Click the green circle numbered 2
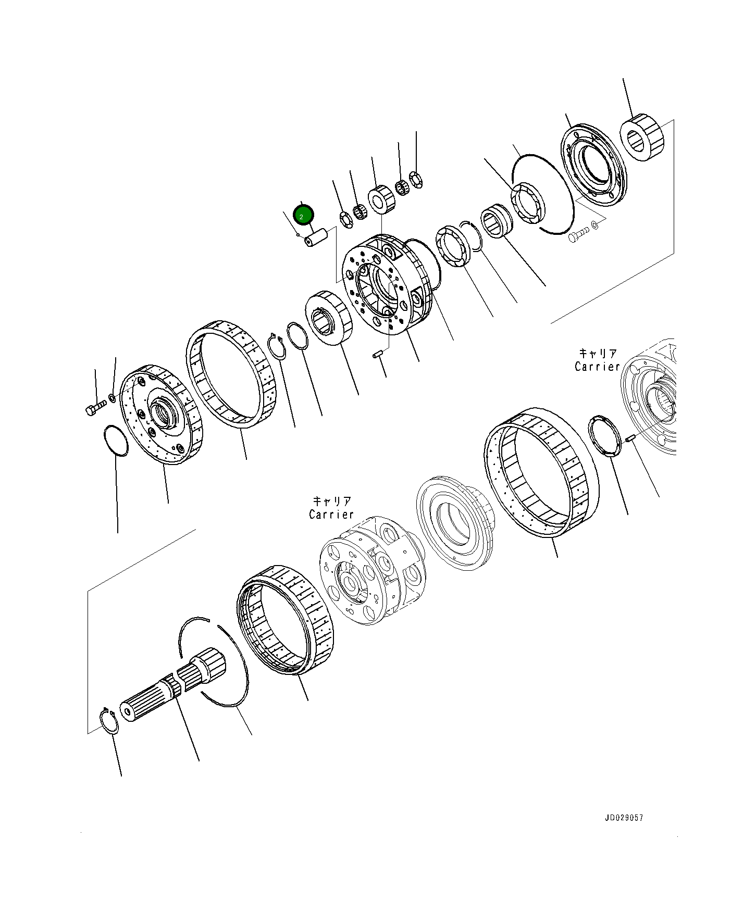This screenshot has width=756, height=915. tap(304, 215)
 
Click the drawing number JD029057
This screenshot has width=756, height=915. tap(624, 818)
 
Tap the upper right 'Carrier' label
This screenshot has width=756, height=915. tap(597, 360)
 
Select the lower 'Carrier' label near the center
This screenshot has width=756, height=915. tap(331, 508)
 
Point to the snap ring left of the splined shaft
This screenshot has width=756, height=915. tap(109, 721)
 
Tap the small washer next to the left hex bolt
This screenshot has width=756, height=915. tap(112, 399)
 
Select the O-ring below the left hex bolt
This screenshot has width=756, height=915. tap(116, 441)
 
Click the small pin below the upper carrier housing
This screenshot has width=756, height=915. tap(378, 355)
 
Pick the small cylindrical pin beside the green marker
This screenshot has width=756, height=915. tap(316, 238)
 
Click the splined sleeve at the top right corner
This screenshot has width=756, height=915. tap(642, 137)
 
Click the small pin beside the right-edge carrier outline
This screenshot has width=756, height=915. tap(629, 439)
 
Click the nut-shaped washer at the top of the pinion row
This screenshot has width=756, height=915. tap(416, 180)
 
